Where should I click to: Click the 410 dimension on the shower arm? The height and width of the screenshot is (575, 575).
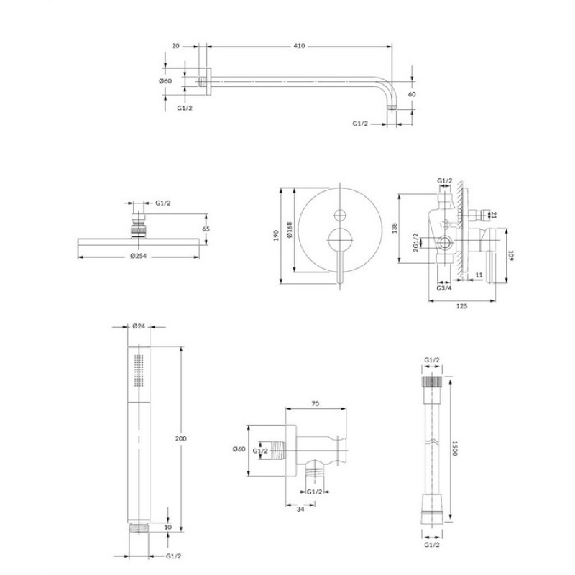point(299,46)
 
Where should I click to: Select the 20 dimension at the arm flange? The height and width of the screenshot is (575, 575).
point(175,46)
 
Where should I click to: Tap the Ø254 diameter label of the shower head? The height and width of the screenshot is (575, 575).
point(138,256)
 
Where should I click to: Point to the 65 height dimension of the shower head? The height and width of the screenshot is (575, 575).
point(206,229)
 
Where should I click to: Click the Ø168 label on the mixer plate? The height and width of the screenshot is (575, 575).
point(290,229)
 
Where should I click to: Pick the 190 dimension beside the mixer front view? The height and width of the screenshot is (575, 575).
point(276,236)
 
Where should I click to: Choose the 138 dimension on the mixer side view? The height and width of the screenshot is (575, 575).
point(395,228)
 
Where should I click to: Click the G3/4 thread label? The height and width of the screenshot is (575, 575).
point(444,288)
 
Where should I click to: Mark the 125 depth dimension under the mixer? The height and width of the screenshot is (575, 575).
point(461,306)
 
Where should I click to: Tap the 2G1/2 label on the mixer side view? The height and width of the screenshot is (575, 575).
point(416,242)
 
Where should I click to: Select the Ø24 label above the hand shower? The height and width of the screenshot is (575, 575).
point(139,326)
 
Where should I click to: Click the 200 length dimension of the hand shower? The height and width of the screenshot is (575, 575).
point(181,438)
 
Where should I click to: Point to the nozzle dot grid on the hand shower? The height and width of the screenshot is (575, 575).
point(139,371)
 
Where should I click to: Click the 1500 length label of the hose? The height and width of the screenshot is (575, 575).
point(455,448)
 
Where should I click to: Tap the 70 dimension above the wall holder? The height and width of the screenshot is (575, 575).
point(315,404)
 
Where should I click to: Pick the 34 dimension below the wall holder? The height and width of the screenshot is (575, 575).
point(300,509)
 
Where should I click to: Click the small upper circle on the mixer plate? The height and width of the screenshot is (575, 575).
point(340,215)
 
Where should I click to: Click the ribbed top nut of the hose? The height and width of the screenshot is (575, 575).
point(432,382)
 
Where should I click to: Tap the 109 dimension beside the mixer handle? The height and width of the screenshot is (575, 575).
point(511,256)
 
